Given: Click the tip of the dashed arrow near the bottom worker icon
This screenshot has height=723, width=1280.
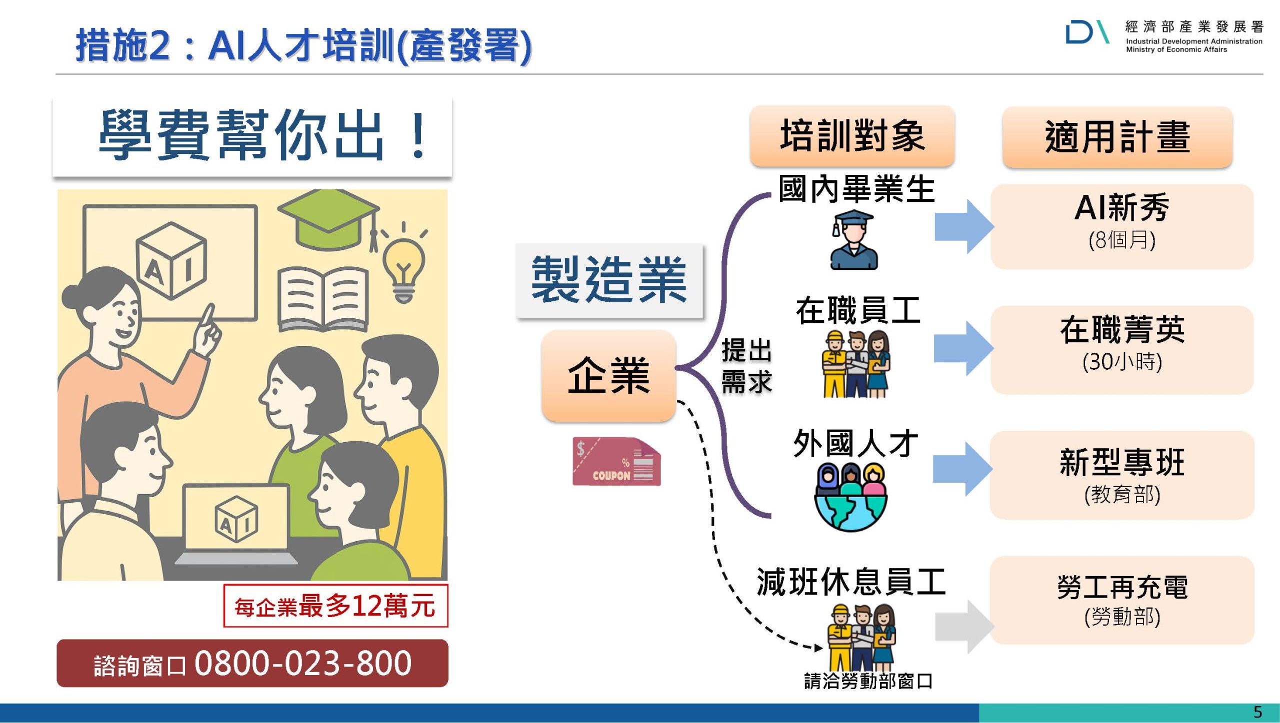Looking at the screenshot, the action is click(x=822, y=648).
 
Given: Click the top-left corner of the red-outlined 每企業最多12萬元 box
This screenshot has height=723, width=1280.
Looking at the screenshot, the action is click(x=224, y=585).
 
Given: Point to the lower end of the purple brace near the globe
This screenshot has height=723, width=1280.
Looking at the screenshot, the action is click(x=770, y=516).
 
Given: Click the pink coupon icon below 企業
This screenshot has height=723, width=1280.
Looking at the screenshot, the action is click(x=616, y=462).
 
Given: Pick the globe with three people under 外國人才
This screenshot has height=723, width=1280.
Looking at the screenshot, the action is click(x=851, y=497).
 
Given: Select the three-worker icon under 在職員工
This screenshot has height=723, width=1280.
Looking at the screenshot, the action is click(x=855, y=364).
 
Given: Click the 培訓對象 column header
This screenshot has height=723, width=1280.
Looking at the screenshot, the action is click(x=852, y=136).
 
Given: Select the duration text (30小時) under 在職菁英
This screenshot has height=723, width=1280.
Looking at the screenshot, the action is click(x=1122, y=361).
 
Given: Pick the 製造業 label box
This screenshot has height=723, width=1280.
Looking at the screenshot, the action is click(x=609, y=280).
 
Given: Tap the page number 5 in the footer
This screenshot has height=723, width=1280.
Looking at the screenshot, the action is click(x=1258, y=712).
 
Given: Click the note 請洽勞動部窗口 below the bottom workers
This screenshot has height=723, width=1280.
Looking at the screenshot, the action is click(x=868, y=681).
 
